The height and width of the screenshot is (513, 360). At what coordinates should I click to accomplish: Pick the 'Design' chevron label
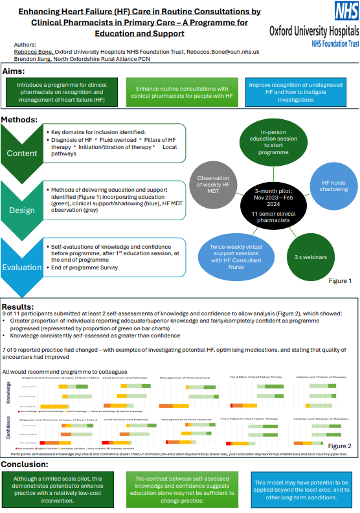pos(22,211)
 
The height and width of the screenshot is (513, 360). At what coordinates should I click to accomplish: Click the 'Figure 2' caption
pos(339,446)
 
